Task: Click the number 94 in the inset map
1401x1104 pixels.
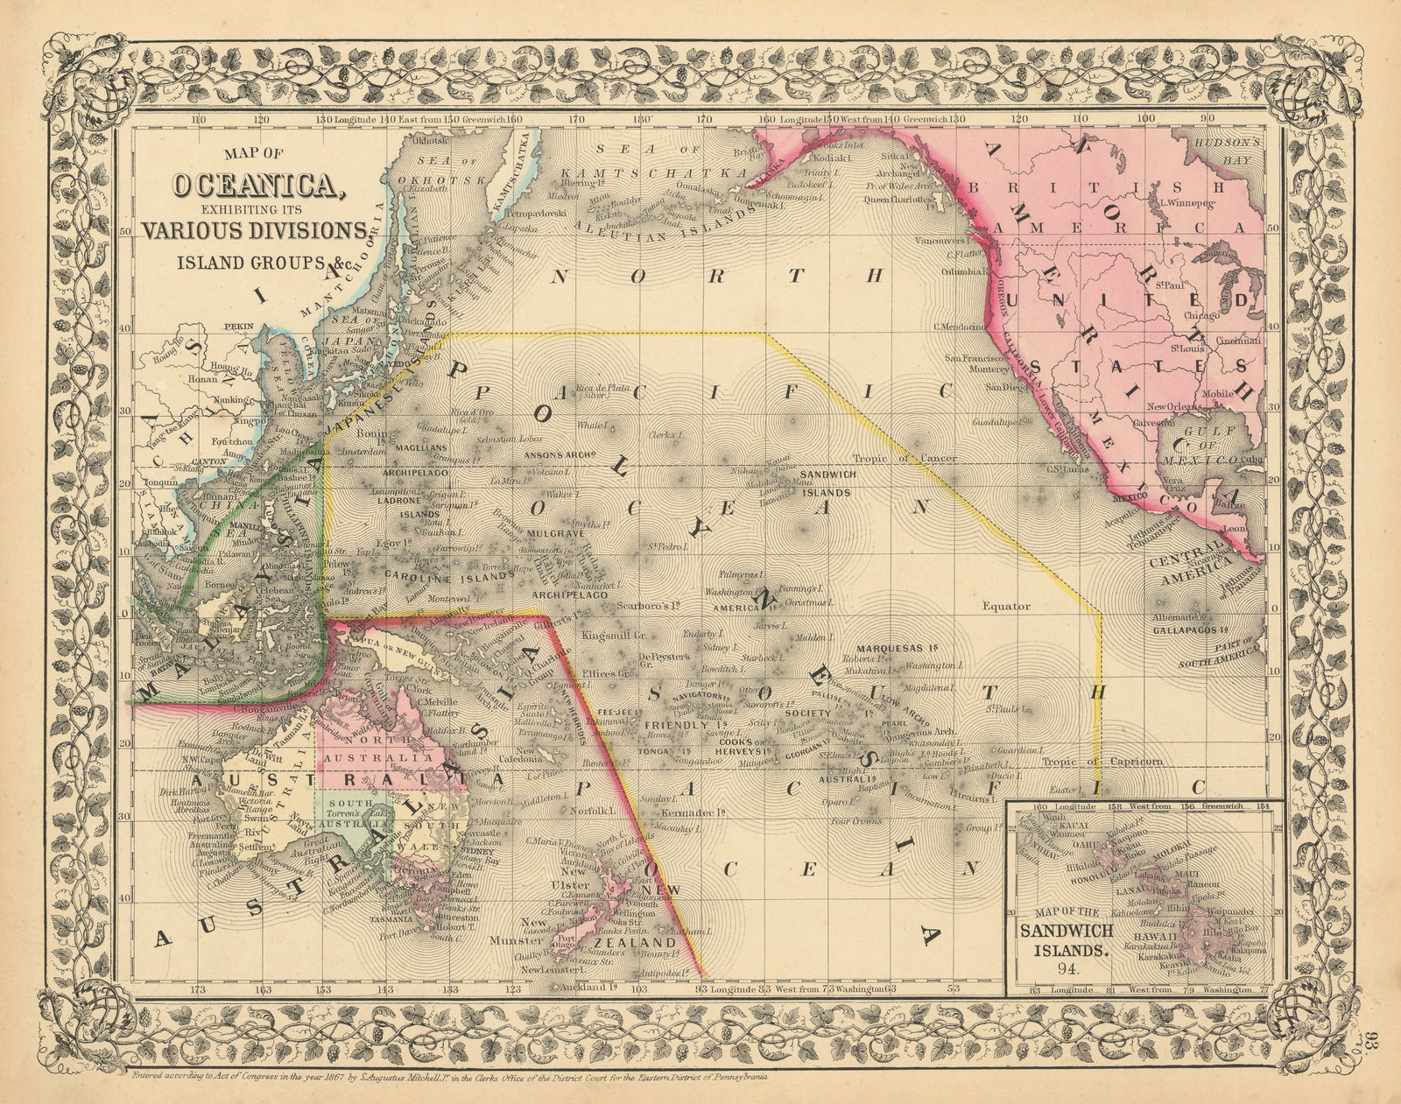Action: pos(1067,967)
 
